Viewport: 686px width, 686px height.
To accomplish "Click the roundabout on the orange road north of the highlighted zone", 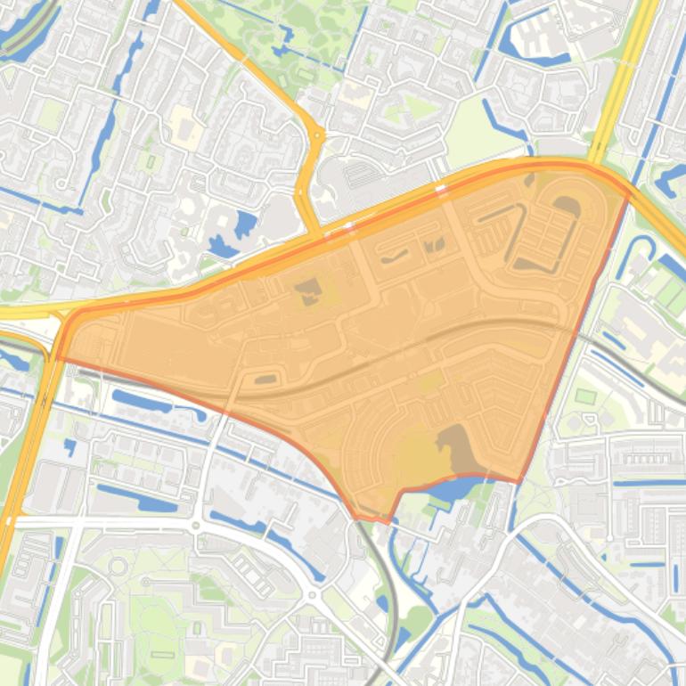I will tap(317, 135).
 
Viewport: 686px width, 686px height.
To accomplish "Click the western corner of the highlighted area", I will tap(57, 357).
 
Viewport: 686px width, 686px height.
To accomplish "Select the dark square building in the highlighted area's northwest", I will tap(308, 290).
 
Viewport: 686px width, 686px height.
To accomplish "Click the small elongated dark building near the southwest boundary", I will tap(265, 380).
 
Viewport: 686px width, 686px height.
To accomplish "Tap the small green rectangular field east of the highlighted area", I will tap(585, 396).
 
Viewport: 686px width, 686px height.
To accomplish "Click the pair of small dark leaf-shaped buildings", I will tap(433, 244).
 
